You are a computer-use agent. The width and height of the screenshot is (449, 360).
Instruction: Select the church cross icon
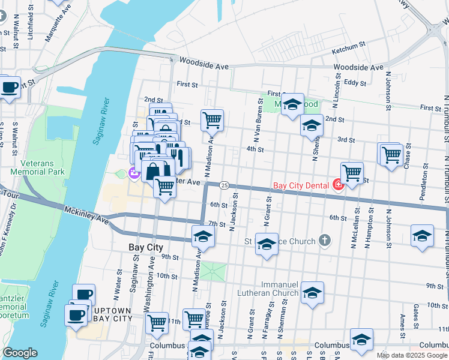(325, 241)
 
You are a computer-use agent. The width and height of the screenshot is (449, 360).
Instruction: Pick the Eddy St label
(355, 82)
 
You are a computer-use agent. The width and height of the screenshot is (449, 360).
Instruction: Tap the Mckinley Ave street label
(86, 215)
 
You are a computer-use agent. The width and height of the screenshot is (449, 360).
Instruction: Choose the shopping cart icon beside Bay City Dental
(352, 173)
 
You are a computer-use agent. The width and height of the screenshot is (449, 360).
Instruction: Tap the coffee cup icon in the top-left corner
(9, 87)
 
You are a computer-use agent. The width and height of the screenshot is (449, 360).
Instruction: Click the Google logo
(20, 353)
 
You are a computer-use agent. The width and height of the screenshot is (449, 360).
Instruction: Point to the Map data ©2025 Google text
(412, 355)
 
